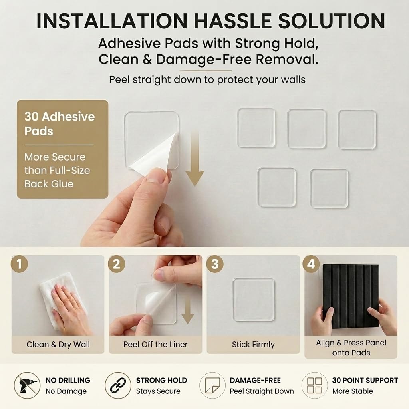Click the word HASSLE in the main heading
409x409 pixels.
[233, 20]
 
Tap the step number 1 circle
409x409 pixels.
[19, 264]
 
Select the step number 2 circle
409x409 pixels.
[116, 264]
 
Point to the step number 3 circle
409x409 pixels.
[214, 264]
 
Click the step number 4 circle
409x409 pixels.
[311, 264]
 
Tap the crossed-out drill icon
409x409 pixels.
[27, 385]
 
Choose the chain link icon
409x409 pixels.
[118, 385]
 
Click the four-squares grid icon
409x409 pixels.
[315, 385]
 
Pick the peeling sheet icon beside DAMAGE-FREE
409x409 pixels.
[212, 385]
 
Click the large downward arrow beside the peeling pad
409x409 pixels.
[195, 159]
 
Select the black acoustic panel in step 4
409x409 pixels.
[351, 297]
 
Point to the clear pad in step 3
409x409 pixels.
[254, 299]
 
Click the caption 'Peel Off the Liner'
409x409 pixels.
[155, 345]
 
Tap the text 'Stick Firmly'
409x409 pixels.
[253, 345]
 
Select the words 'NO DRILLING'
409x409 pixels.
[68, 380]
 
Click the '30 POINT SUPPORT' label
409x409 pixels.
[365, 380]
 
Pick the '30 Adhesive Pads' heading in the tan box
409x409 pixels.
[60, 124]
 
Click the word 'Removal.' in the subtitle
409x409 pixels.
[287, 59]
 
